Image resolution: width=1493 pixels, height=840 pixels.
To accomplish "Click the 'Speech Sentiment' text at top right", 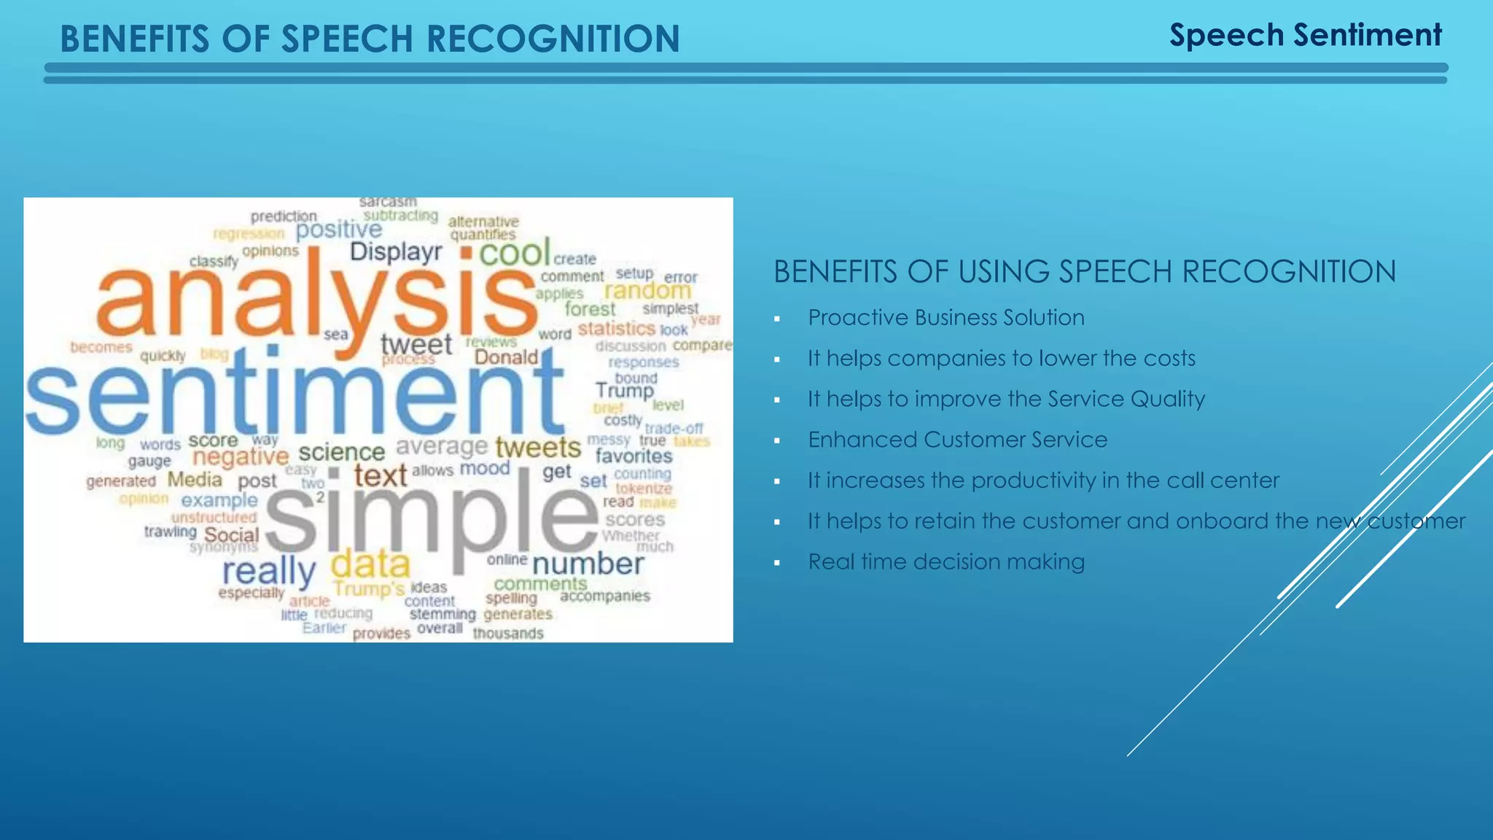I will (x=1305, y=35).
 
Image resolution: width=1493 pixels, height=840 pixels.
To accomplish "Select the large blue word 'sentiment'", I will (x=295, y=394).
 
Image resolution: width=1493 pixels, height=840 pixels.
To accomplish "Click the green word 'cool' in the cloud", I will (x=514, y=253).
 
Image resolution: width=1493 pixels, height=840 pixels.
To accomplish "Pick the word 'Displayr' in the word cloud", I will (x=396, y=252).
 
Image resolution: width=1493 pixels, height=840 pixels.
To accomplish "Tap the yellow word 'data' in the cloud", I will (x=370, y=564).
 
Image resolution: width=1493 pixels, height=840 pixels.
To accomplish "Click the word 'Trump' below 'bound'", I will (x=625, y=392).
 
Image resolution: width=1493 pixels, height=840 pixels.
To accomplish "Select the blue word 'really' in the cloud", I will (x=268, y=572).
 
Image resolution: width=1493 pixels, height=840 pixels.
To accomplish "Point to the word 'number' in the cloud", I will (x=588, y=564).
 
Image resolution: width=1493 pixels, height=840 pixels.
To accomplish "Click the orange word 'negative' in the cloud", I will (x=241, y=457).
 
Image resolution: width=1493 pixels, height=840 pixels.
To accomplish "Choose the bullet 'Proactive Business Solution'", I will (x=946, y=318).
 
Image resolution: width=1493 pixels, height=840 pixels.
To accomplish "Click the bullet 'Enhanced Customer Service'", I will (x=957, y=440).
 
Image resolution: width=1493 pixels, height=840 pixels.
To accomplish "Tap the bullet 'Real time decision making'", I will (x=946, y=561).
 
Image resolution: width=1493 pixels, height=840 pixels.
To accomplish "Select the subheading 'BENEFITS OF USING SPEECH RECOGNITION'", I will (x=1085, y=272).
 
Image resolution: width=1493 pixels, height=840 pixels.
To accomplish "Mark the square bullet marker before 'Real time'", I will (x=777, y=563).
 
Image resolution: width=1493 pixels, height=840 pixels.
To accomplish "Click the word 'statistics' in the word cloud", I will (x=617, y=329).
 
